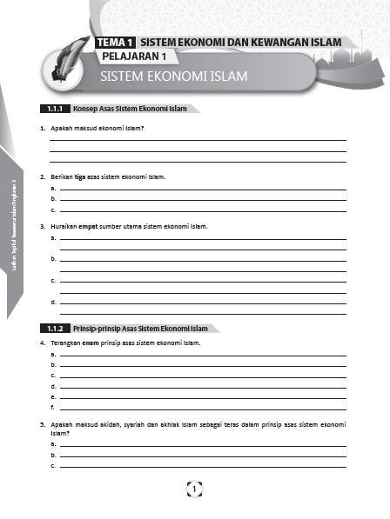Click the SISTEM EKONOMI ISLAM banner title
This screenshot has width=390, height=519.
(x=173, y=77)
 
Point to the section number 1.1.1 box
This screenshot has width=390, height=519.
(x=55, y=110)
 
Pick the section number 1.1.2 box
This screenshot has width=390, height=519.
(x=55, y=329)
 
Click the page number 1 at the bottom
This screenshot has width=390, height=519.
(x=194, y=489)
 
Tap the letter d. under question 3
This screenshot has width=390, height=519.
(x=53, y=302)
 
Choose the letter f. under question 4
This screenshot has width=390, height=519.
(x=53, y=407)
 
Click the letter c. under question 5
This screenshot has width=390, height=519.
(x=53, y=465)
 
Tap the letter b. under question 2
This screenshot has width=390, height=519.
(x=53, y=199)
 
